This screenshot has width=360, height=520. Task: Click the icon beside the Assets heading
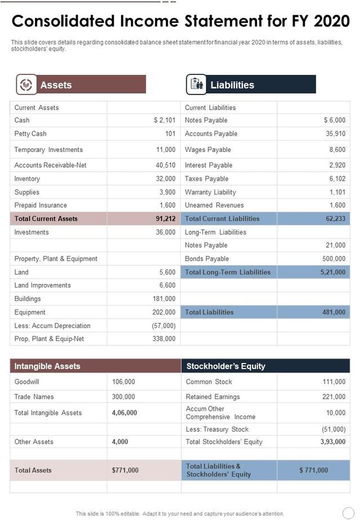pos(26,84)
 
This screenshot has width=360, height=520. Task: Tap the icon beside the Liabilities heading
pos(197,84)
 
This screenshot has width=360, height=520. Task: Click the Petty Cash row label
pos(30,133)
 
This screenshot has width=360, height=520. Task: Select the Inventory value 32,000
pos(165,178)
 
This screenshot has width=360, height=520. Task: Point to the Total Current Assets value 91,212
pos(165,218)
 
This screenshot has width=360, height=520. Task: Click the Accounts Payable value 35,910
pos(335,133)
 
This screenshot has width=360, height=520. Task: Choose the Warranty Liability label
pos(210,192)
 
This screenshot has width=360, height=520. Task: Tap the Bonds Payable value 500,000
pos(333,258)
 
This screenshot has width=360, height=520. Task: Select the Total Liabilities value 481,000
pos(334,312)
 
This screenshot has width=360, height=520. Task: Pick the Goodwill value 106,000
pos(124,382)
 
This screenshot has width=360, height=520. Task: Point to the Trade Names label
pos(34,397)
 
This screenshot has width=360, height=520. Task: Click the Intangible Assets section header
pos(47,366)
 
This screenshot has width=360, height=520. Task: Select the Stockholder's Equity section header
pos(226,366)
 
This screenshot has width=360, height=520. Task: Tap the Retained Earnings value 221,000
pos(333,397)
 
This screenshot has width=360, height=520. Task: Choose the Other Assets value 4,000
pos(120,442)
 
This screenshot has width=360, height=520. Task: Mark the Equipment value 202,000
pos(164,312)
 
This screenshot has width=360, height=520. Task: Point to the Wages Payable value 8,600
pos(337,150)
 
